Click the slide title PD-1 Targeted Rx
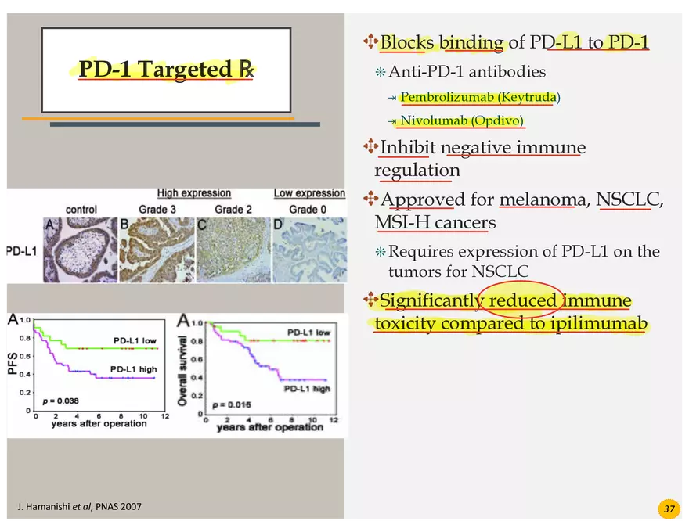[166, 70]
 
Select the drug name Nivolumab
[433, 120]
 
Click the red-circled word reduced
[522, 300]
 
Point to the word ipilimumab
[599, 323]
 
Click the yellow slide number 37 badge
[669, 509]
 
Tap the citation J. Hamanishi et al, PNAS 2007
[80, 506]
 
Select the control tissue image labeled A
[81, 250]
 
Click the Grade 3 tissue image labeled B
[157, 250]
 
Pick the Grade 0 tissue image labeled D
[310, 250]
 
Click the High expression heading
[194, 193]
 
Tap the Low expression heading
[309, 193]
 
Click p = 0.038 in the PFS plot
[60, 401]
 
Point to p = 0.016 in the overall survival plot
[232, 404]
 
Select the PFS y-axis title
[13, 363]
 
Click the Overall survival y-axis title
[182, 371]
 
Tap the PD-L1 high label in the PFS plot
[134, 369]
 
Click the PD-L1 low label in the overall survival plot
[309, 332]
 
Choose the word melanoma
[543, 199]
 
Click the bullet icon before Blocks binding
[370, 41]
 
